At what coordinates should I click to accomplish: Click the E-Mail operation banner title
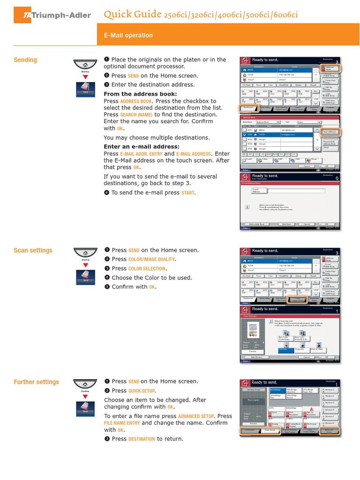coord(128,35)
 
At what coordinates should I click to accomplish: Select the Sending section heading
coord(25,60)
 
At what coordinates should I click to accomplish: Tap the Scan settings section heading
coord(33,250)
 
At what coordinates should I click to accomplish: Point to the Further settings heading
coord(36,382)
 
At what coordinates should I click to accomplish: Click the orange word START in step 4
coord(188,193)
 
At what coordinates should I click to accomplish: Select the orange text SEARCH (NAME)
coord(136,114)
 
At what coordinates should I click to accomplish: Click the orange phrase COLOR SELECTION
coord(147,269)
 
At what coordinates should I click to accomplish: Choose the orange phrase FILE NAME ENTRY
coord(122,423)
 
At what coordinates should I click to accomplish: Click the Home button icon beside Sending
coord(85,66)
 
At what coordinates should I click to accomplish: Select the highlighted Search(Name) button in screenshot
coord(330,132)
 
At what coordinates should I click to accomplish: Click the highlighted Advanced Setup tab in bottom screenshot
coord(329,431)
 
